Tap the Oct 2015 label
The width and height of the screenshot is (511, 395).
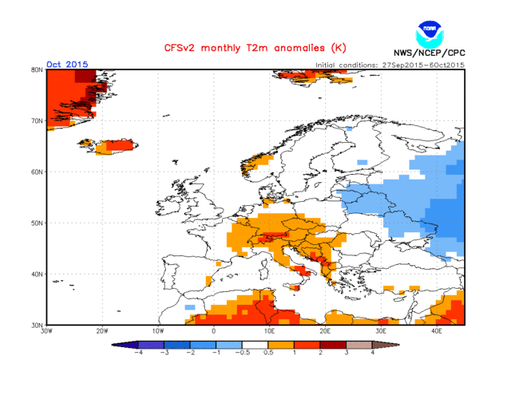[x=67, y=64]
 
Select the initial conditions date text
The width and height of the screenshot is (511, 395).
[x=390, y=65]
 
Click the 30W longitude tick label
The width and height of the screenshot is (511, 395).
[x=47, y=330]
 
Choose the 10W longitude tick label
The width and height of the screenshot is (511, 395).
[x=158, y=330]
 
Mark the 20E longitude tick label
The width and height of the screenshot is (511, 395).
[x=325, y=330]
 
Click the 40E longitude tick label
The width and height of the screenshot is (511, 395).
[x=437, y=330]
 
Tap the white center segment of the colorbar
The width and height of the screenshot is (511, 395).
[x=255, y=344]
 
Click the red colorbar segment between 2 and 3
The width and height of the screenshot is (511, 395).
[x=333, y=344]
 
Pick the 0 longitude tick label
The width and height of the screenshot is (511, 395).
[x=214, y=330]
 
